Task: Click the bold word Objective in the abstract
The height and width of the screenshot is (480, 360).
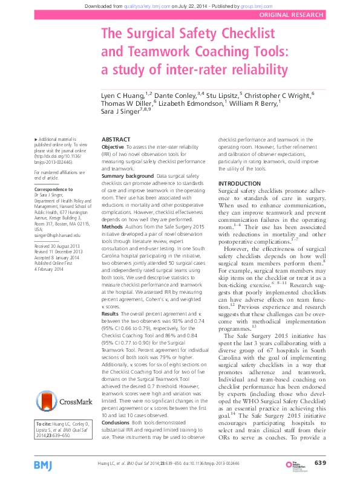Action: (114, 147)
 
